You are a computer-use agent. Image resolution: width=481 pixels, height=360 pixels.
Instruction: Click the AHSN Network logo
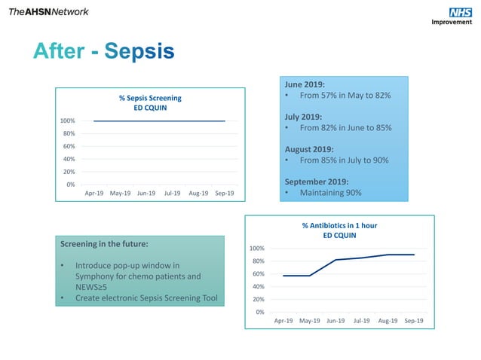click(x=48, y=11)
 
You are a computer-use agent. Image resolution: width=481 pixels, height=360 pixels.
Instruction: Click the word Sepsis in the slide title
click(x=139, y=51)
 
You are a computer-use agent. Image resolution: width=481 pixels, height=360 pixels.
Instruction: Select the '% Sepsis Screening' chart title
click(x=150, y=98)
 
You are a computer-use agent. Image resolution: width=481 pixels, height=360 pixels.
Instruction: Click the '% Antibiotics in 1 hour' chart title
click(x=339, y=225)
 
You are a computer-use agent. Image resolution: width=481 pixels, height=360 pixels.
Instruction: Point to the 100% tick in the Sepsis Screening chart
click(x=66, y=121)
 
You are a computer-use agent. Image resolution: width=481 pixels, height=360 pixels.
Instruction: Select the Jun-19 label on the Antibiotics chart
click(x=335, y=321)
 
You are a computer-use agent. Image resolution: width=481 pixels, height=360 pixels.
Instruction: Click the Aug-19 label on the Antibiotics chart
click(x=388, y=321)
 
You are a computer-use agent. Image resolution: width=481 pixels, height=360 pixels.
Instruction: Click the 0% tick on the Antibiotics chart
click(x=259, y=312)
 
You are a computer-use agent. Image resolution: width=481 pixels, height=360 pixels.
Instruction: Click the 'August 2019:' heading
click(x=308, y=149)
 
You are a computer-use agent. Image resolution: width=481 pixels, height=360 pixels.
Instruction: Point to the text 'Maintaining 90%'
click(x=330, y=193)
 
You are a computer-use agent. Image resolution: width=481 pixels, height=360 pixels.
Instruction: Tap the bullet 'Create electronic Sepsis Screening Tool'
click(x=146, y=298)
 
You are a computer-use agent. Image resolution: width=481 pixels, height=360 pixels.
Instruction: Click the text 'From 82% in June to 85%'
click(x=345, y=128)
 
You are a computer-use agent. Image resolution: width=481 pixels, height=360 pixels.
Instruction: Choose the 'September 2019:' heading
click(x=315, y=182)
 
